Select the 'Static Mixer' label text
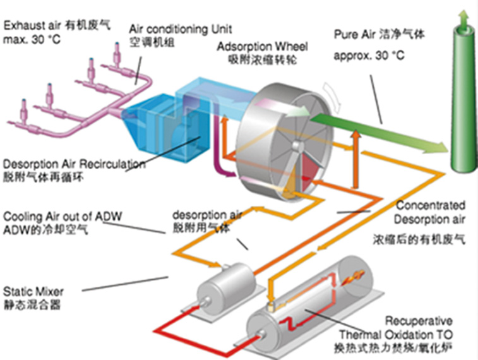(33, 292)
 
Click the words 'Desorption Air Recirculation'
(74, 164)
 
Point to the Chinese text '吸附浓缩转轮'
(262, 60)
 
